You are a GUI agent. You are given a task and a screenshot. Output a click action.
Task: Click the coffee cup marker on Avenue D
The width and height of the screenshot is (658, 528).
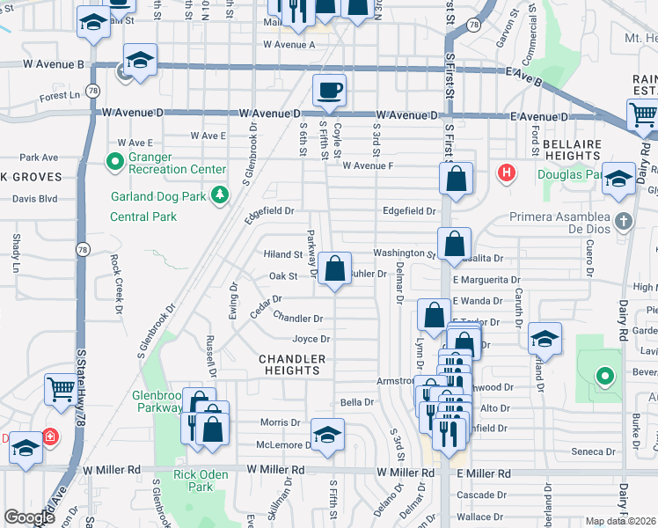click(x=329, y=91)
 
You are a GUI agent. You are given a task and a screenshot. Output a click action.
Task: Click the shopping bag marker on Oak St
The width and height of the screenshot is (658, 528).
click(x=334, y=269)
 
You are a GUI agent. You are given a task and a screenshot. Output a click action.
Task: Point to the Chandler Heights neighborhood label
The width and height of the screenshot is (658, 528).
click(x=292, y=364)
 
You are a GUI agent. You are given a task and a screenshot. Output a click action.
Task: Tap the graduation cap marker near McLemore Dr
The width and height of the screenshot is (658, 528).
click(x=327, y=435)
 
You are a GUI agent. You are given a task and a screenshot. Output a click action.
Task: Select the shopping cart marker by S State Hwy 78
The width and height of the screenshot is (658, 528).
click(x=61, y=389)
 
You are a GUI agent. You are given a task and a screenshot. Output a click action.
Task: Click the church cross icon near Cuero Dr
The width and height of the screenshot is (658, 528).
click(x=624, y=220)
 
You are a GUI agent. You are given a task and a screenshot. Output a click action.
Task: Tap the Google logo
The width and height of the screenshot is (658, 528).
click(x=28, y=517)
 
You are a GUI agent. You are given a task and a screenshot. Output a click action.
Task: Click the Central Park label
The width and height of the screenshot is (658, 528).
click(x=143, y=216)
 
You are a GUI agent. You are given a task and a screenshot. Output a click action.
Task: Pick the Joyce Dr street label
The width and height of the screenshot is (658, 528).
click(x=311, y=340)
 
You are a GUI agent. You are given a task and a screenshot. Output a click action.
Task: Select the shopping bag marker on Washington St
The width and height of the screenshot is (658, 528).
click(x=454, y=245)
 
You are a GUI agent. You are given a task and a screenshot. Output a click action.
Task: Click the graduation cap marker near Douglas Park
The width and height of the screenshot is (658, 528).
click(x=619, y=179)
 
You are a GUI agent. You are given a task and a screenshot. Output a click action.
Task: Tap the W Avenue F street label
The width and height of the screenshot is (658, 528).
click(x=367, y=165)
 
